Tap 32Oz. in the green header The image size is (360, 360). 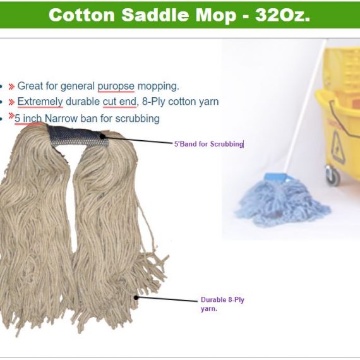282,15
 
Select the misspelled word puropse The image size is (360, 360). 116,87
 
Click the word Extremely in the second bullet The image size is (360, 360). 40,102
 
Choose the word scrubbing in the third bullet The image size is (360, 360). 137,119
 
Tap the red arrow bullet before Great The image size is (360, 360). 11,87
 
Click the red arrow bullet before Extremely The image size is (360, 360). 11,102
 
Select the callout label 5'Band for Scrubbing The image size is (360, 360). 208,144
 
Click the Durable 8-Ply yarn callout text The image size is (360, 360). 222,304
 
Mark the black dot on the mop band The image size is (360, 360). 102,136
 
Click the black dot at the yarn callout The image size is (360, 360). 136,297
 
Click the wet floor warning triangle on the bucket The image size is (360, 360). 339,147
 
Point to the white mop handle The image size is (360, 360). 305,105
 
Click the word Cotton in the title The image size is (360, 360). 81,15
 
